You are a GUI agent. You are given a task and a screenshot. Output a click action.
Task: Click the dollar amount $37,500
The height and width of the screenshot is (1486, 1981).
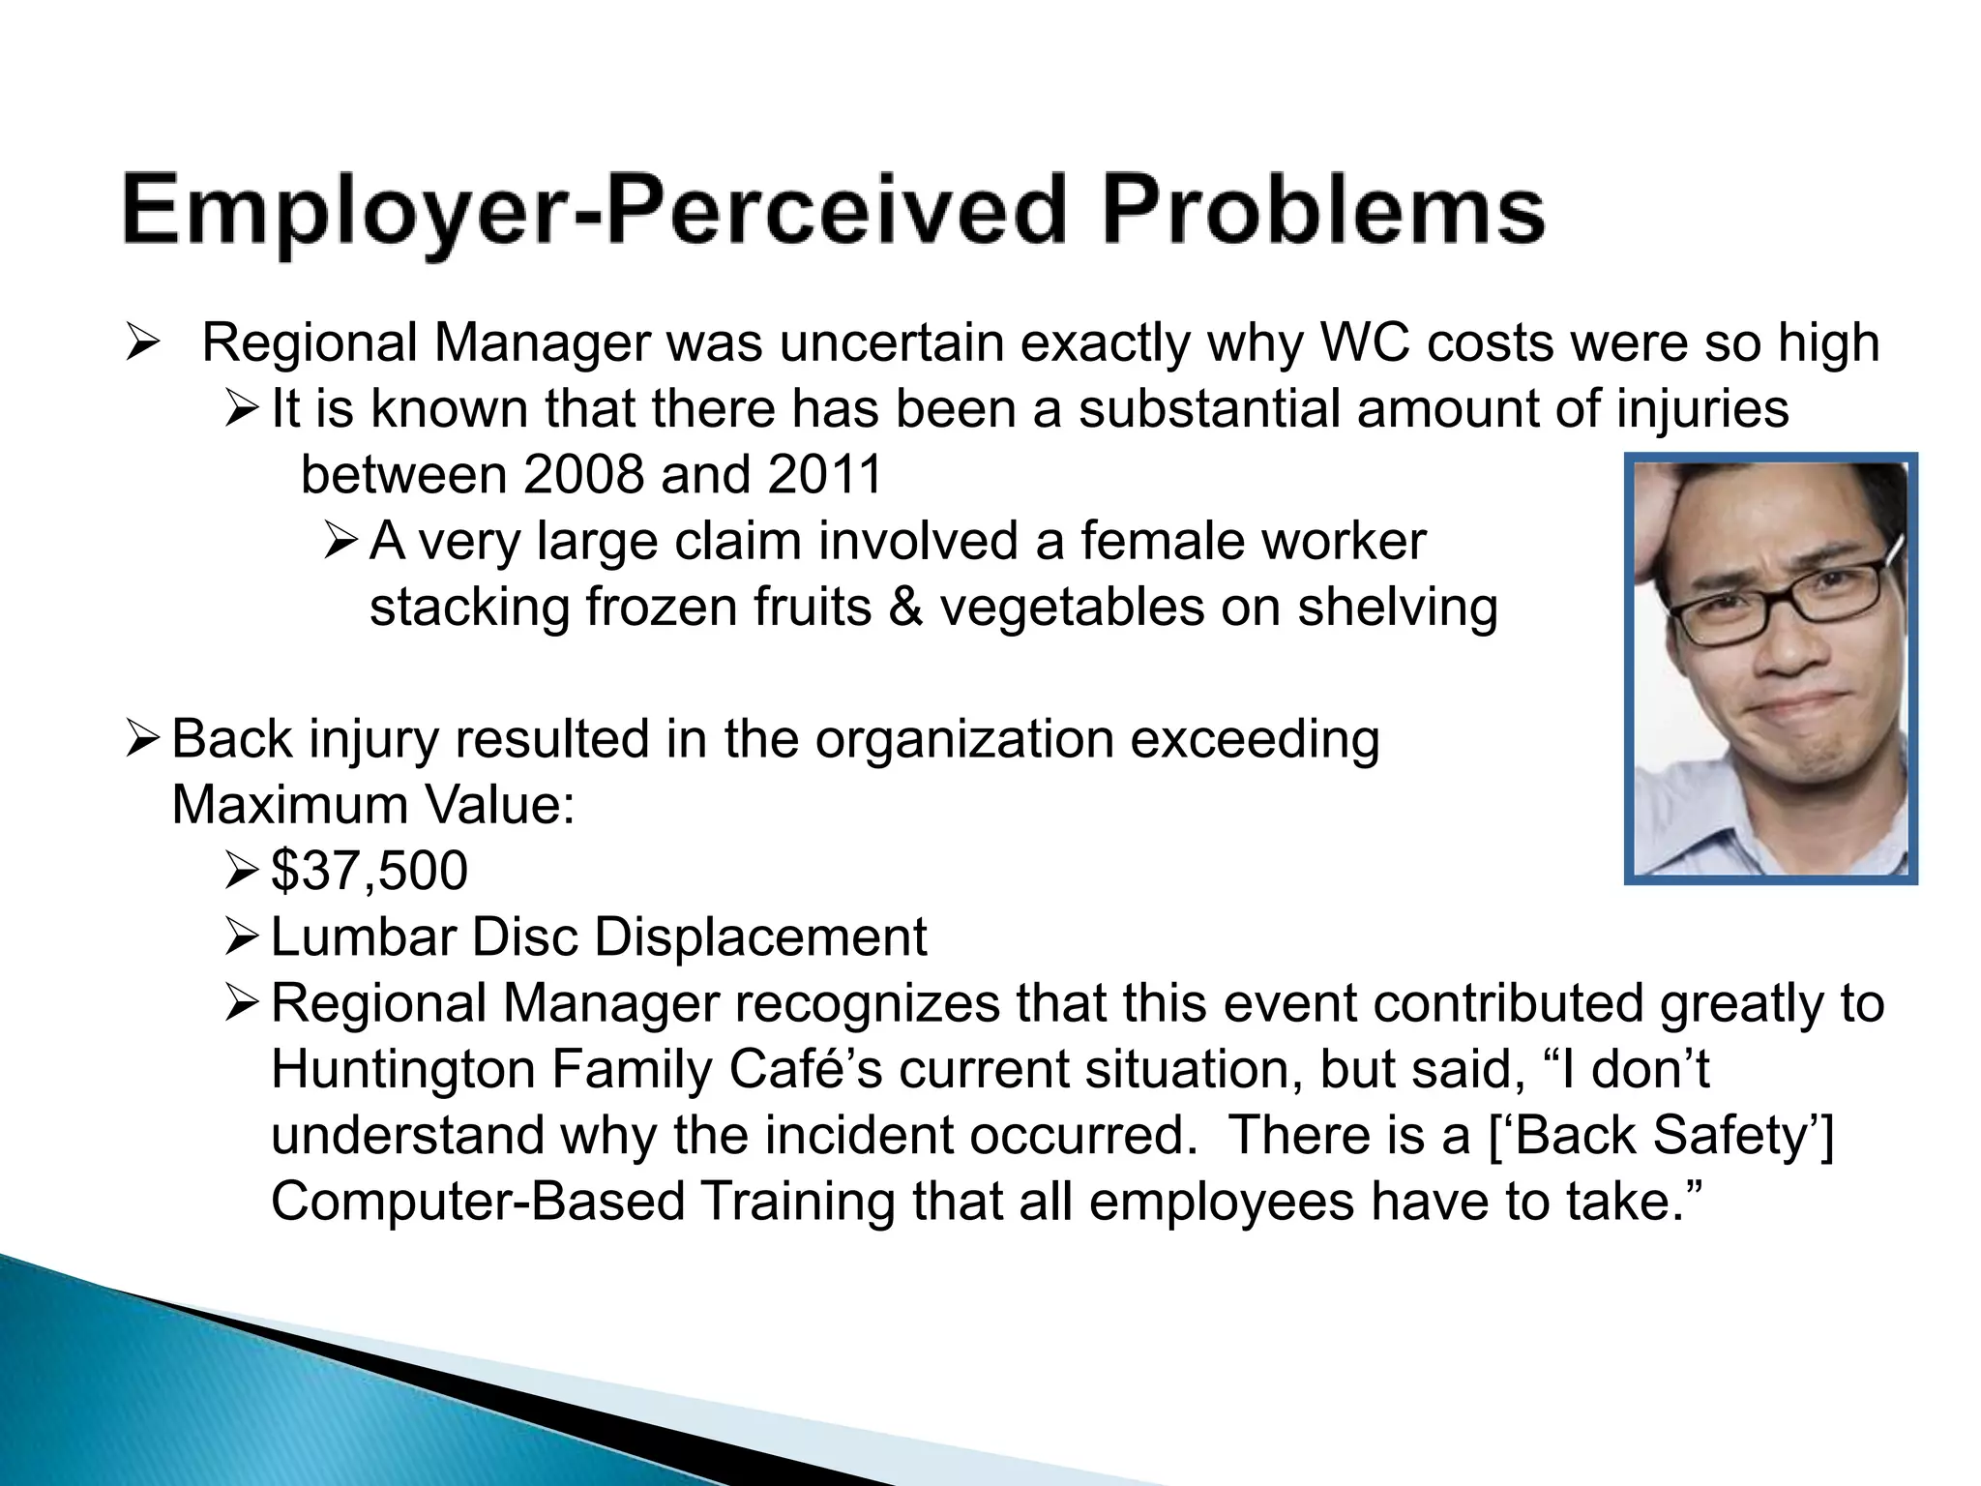369,871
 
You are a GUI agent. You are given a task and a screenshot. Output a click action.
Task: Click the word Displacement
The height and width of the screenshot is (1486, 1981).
760,936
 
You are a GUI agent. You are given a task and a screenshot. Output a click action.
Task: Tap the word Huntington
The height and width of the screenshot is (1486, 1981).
402,1069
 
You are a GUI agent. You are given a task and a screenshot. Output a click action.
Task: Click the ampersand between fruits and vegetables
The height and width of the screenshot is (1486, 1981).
905,608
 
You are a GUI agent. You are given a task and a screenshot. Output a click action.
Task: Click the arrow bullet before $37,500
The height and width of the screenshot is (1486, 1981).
240,871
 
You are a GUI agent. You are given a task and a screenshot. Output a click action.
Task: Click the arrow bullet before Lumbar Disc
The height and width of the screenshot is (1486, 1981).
240,936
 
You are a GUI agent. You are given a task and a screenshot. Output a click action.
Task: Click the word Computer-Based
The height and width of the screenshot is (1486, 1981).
478,1202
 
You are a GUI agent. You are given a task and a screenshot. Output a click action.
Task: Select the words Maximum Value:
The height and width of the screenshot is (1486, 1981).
373,805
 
